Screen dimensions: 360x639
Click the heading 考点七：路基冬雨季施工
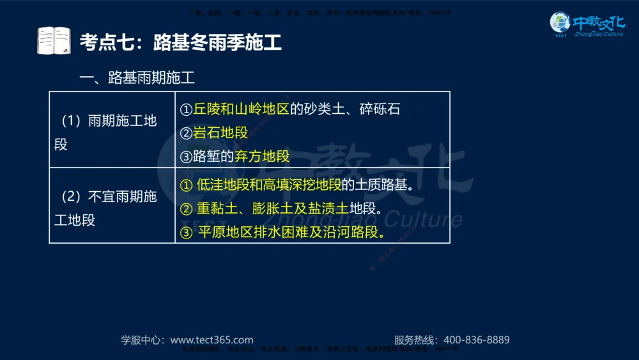click(180, 43)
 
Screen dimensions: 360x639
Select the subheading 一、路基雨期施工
click(136, 78)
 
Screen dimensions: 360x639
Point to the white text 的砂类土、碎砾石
click(345, 109)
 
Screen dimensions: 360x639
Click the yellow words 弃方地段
click(262, 156)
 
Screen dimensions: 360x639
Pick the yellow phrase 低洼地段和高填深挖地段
click(268, 185)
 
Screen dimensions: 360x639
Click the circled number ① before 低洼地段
click(187, 185)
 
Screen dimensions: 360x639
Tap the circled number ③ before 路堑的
click(186, 156)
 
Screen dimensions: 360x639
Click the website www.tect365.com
click(212, 340)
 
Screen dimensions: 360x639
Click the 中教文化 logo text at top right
click(597, 23)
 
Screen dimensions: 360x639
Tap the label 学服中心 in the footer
click(142, 340)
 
